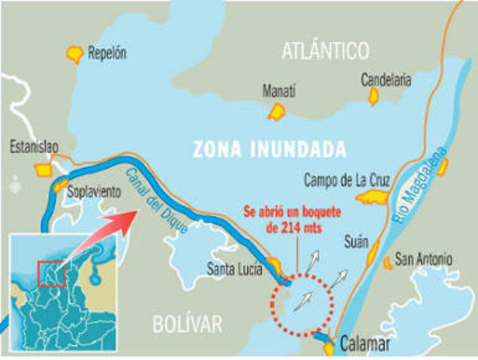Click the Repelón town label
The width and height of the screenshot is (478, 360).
coord(107,53)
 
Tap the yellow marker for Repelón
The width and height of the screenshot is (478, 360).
coord(75,53)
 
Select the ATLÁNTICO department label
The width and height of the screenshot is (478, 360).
coord(326,51)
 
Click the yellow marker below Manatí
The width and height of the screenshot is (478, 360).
coord(276,112)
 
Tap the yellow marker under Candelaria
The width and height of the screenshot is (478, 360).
coord(373,96)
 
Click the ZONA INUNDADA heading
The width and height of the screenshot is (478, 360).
coord(269,148)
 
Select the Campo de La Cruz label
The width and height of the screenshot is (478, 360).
coord(346,180)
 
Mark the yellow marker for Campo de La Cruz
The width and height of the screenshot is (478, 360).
coord(371,197)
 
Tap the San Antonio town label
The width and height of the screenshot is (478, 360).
coord(424,260)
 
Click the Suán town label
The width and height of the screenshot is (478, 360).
coord(356,242)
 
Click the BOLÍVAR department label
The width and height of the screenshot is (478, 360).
coord(188,324)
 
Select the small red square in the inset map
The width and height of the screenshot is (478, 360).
coord(49,273)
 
